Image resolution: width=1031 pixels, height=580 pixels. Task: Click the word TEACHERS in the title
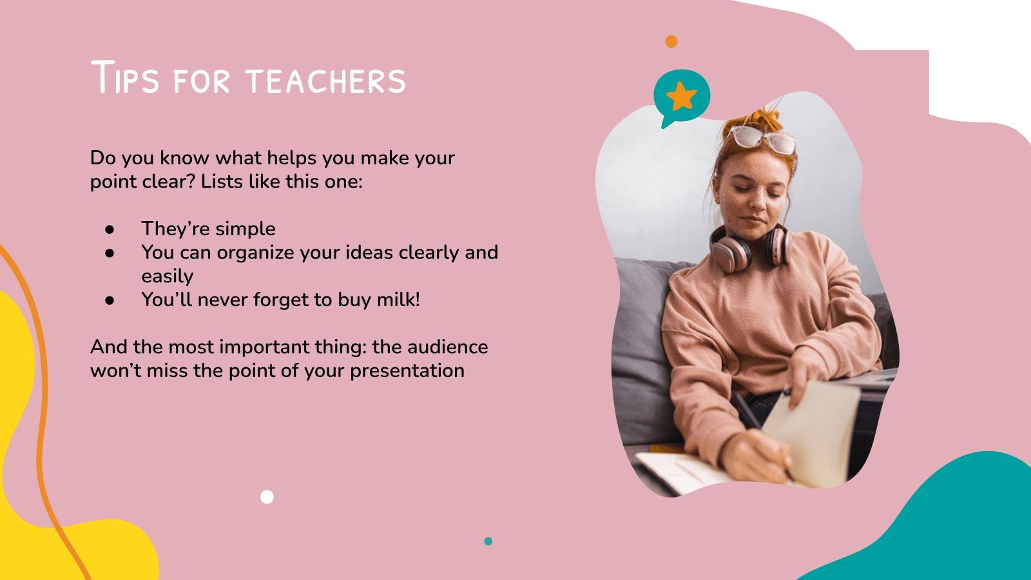(325, 81)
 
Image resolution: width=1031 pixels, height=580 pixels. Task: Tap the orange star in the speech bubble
(681, 96)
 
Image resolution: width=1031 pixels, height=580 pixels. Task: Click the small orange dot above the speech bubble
(671, 41)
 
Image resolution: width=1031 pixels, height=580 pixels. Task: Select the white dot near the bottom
(267, 497)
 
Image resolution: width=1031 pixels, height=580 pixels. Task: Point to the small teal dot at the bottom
(488, 541)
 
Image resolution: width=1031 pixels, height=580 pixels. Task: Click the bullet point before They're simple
(110, 229)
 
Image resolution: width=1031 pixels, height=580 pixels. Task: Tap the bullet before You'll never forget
(110, 300)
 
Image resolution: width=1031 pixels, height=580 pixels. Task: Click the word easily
(167, 276)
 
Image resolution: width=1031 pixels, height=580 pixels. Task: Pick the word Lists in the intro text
(222, 182)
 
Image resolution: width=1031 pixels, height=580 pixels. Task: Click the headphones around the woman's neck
(751, 247)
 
